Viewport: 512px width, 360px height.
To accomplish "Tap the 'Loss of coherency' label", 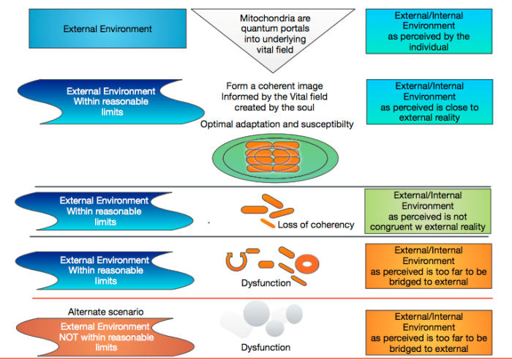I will tap(316, 225).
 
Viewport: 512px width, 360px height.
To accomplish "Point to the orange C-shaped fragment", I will tap(236, 260).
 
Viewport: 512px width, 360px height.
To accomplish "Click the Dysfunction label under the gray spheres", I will tap(266, 348).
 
